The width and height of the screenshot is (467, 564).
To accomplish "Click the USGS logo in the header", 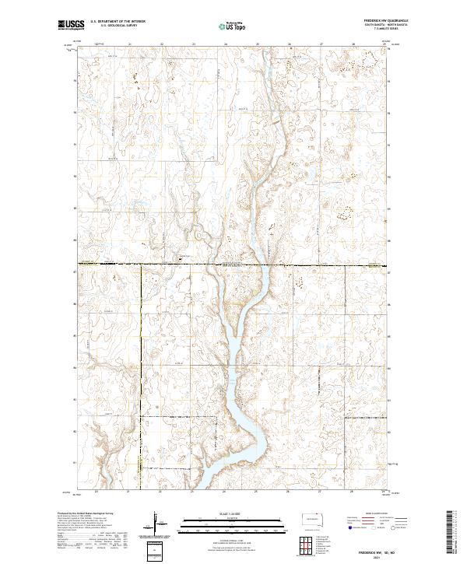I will (72, 26).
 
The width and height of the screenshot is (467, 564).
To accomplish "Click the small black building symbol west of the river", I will (181, 257).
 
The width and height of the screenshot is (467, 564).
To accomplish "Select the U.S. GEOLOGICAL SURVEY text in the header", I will (117, 26).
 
